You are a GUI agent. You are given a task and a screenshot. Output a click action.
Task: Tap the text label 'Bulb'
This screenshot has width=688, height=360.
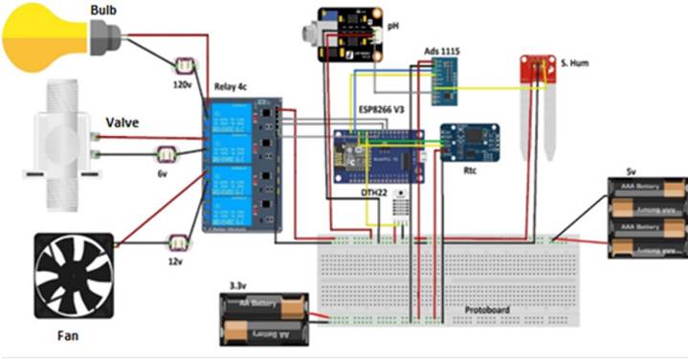(x=105, y=10)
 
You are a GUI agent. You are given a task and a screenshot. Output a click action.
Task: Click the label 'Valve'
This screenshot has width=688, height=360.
(x=123, y=122)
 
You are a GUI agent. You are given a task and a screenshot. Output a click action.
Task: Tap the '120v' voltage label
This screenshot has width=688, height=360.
(x=183, y=84)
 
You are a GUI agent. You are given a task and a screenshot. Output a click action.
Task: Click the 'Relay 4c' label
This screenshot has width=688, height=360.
(x=229, y=87)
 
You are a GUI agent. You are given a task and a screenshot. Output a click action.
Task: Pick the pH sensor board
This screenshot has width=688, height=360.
(x=353, y=34)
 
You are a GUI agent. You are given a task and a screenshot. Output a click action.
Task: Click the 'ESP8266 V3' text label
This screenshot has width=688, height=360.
(x=383, y=109)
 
